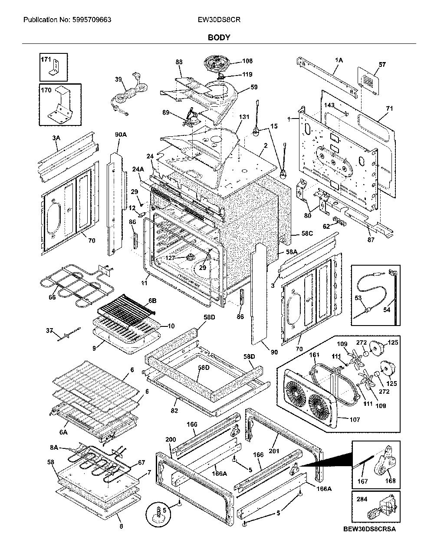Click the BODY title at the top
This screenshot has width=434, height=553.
coord(219,37)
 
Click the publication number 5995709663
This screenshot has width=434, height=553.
coord(92,20)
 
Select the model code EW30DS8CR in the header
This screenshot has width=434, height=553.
coord(219,20)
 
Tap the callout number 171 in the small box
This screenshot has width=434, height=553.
coord(46,59)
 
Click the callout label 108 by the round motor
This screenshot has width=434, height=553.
coord(247,61)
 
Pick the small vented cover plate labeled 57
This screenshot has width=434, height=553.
coord(368,81)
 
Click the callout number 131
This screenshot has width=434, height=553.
coord(244,117)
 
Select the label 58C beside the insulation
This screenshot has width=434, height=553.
coord(307,233)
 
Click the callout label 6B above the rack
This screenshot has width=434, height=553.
coord(152,300)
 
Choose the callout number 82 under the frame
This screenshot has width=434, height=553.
coord(174,411)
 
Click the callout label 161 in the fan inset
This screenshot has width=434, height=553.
coord(314,355)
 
